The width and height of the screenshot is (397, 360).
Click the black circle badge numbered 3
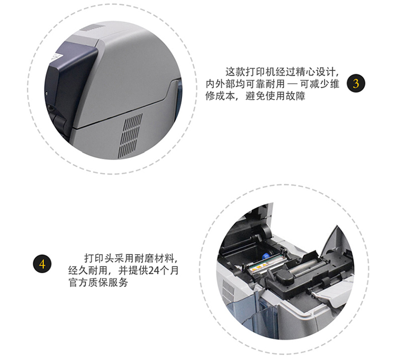coord(356,84)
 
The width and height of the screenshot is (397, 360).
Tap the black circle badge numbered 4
coord(42,263)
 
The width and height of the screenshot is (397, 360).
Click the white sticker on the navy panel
coord(57,55)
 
